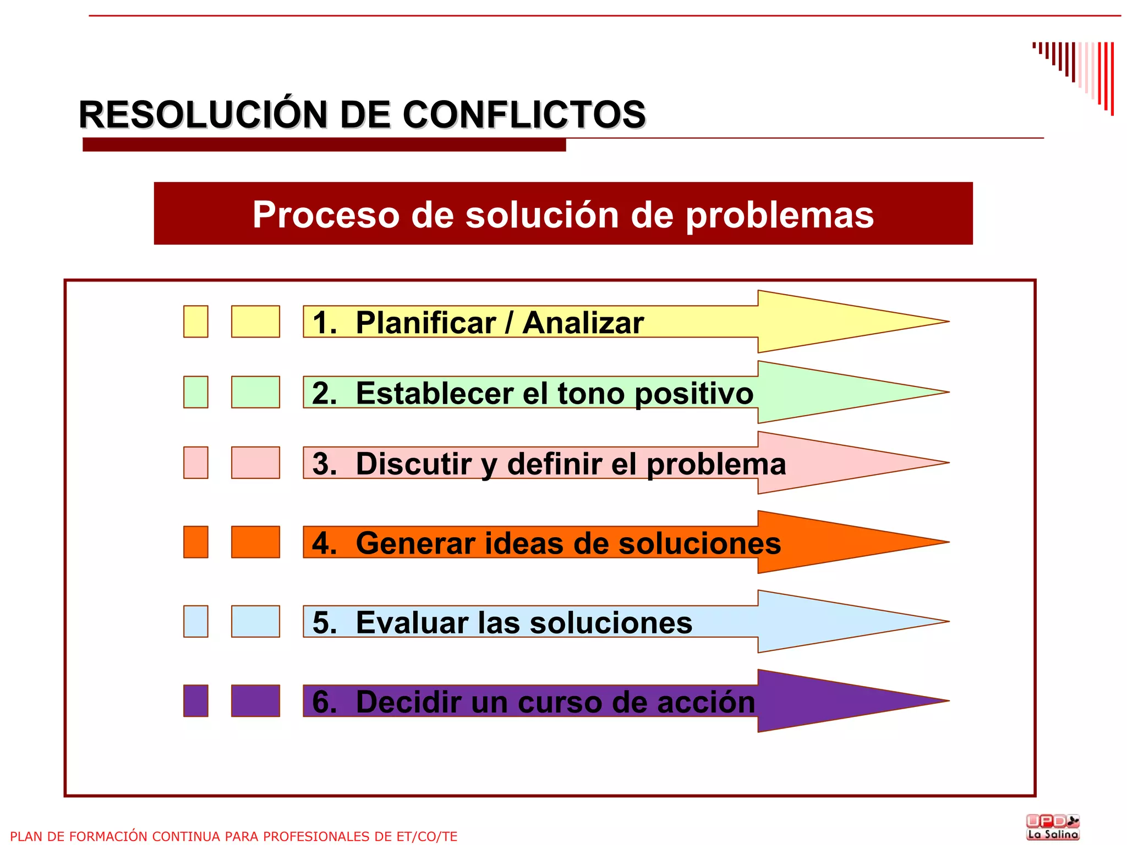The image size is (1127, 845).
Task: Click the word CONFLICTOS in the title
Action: [x=524, y=115]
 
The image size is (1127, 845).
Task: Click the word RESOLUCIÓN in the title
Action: [x=203, y=115]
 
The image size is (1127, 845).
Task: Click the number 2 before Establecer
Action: [x=323, y=393]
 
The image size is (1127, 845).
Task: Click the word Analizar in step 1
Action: [x=583, y=323]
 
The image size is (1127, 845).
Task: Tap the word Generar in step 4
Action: [x=415, y=543]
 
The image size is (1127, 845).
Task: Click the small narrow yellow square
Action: [x=196, y=322]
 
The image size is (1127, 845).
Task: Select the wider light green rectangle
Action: [x=255, y=392]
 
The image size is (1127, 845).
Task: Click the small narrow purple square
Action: [x=196, y=701]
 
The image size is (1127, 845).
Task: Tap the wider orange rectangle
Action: [x=255, y=542]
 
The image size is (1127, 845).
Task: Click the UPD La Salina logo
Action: [x=1053, y=827]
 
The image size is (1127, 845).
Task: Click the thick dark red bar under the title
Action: [x=324, y=145]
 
